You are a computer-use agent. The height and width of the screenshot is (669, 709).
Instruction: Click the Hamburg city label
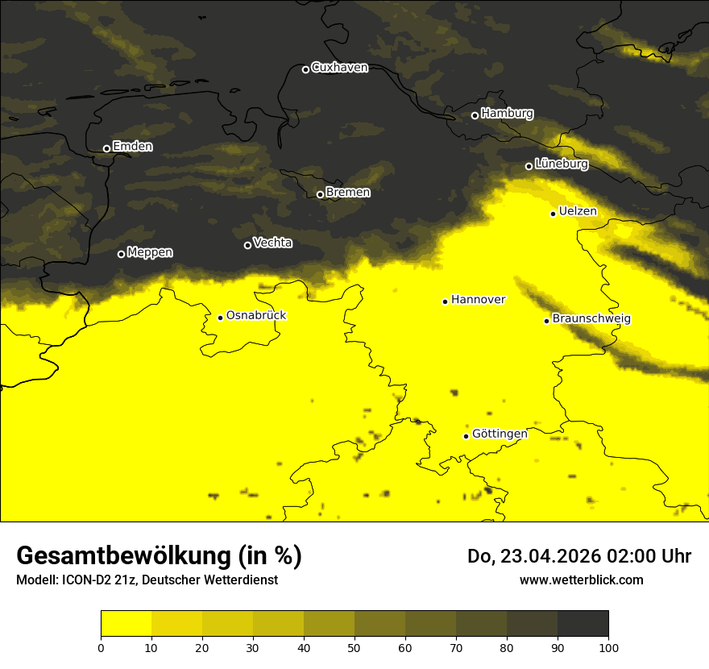507,114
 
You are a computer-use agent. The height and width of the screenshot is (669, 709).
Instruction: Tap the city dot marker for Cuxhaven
305,69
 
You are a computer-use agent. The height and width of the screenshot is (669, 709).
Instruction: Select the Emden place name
132,147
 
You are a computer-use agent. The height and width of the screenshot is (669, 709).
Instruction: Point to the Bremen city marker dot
320,194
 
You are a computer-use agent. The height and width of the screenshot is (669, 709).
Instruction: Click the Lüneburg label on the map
561,164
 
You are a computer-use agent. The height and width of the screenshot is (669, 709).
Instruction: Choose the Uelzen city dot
553,214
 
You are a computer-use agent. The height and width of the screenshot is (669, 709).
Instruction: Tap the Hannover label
478,300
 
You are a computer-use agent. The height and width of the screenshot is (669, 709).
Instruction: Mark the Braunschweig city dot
546,321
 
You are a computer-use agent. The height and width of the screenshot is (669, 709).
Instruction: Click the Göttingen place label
500,434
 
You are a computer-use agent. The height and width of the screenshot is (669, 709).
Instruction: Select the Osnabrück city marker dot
220,318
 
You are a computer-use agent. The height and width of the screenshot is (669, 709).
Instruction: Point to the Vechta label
272,243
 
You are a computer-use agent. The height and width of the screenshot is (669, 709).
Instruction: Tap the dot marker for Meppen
121,254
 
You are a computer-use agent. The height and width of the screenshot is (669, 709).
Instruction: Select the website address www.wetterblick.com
581,580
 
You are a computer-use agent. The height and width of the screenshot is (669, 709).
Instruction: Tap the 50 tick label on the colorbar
354,647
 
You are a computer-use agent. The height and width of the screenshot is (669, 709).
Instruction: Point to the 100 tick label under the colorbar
607,647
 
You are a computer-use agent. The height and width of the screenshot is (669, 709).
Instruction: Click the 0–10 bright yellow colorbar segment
126,624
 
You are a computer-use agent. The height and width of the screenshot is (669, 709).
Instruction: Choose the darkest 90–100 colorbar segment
583,624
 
